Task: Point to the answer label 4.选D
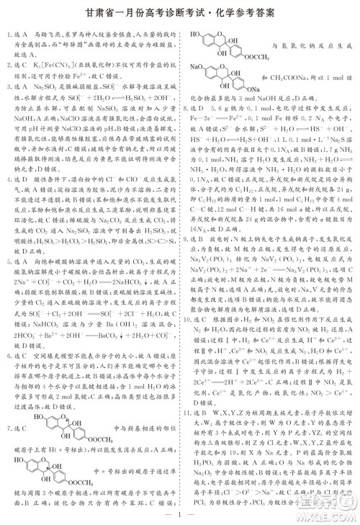point(19,175)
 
